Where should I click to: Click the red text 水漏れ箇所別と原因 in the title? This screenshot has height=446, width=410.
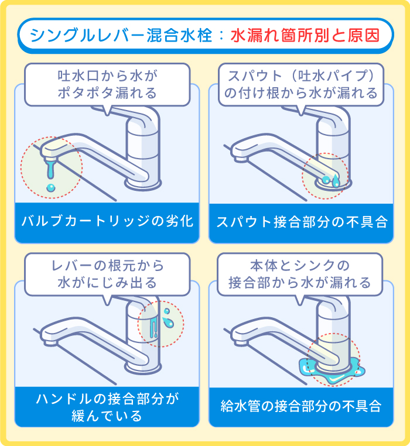305,35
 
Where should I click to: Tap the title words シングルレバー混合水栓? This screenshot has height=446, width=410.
119,35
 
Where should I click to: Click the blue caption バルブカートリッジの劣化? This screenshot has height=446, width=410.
107,222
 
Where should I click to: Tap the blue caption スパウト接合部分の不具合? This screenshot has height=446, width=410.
301,222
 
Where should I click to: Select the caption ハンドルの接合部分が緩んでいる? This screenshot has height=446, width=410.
107,407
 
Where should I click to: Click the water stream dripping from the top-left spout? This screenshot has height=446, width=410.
51,170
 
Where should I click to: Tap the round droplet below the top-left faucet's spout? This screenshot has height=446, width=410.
51,187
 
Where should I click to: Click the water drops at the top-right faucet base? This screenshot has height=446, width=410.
331,181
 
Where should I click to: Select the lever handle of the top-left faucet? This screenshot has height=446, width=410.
143,120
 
